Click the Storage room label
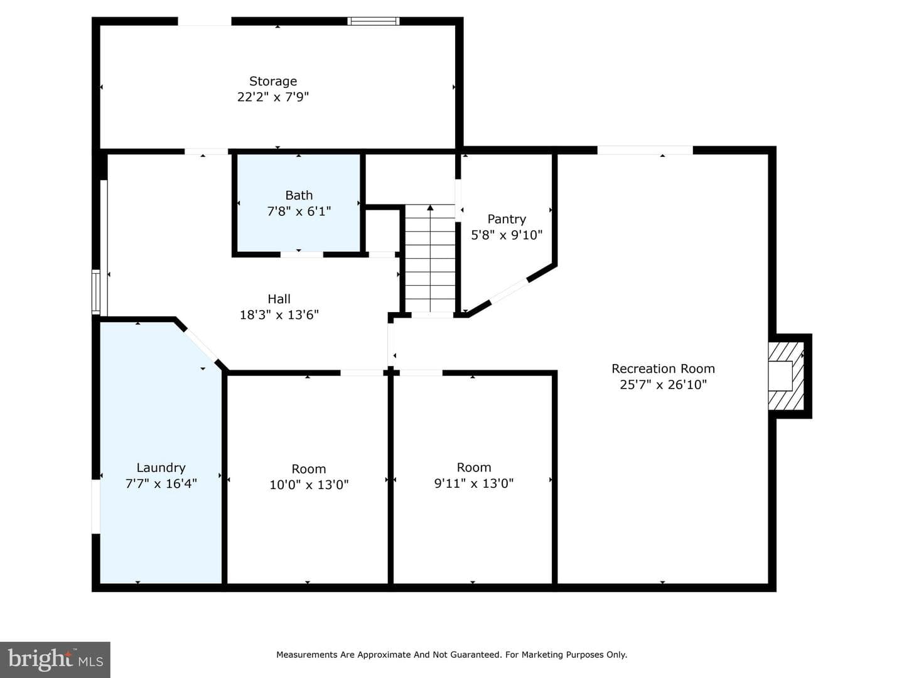click(x=273, y=82)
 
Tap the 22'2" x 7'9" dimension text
click(x=273, y=97)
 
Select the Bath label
click(x=299, y=195)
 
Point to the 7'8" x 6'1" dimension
click(x=299, y=211)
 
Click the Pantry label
click(x=507, y=219)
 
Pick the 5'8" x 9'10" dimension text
click(x=507, y=235)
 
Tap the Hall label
click(x=279, y=299)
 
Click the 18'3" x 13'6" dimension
click(x=279, y=315)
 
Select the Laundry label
click(x=161, y=468)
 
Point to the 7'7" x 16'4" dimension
click(x=161, y=483)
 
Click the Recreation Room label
click(x=663, y=369)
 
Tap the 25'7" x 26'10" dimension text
click(x=663, y=384)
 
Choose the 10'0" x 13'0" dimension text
click(x=309, y=485)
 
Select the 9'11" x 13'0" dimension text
click(x=474, y=483)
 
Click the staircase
click(x=430, y=259)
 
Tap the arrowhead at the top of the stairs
click(x=430, y=207)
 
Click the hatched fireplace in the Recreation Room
click(x=786, y=376)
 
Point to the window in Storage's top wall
click(x=373, y=21)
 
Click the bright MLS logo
click(x=55, y=659)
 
